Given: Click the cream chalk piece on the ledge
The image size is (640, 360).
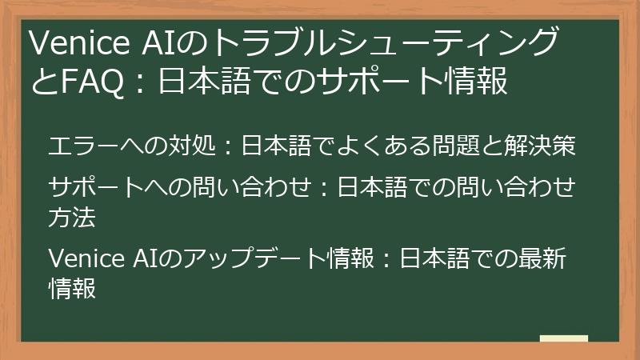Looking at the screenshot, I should [563, 338].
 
